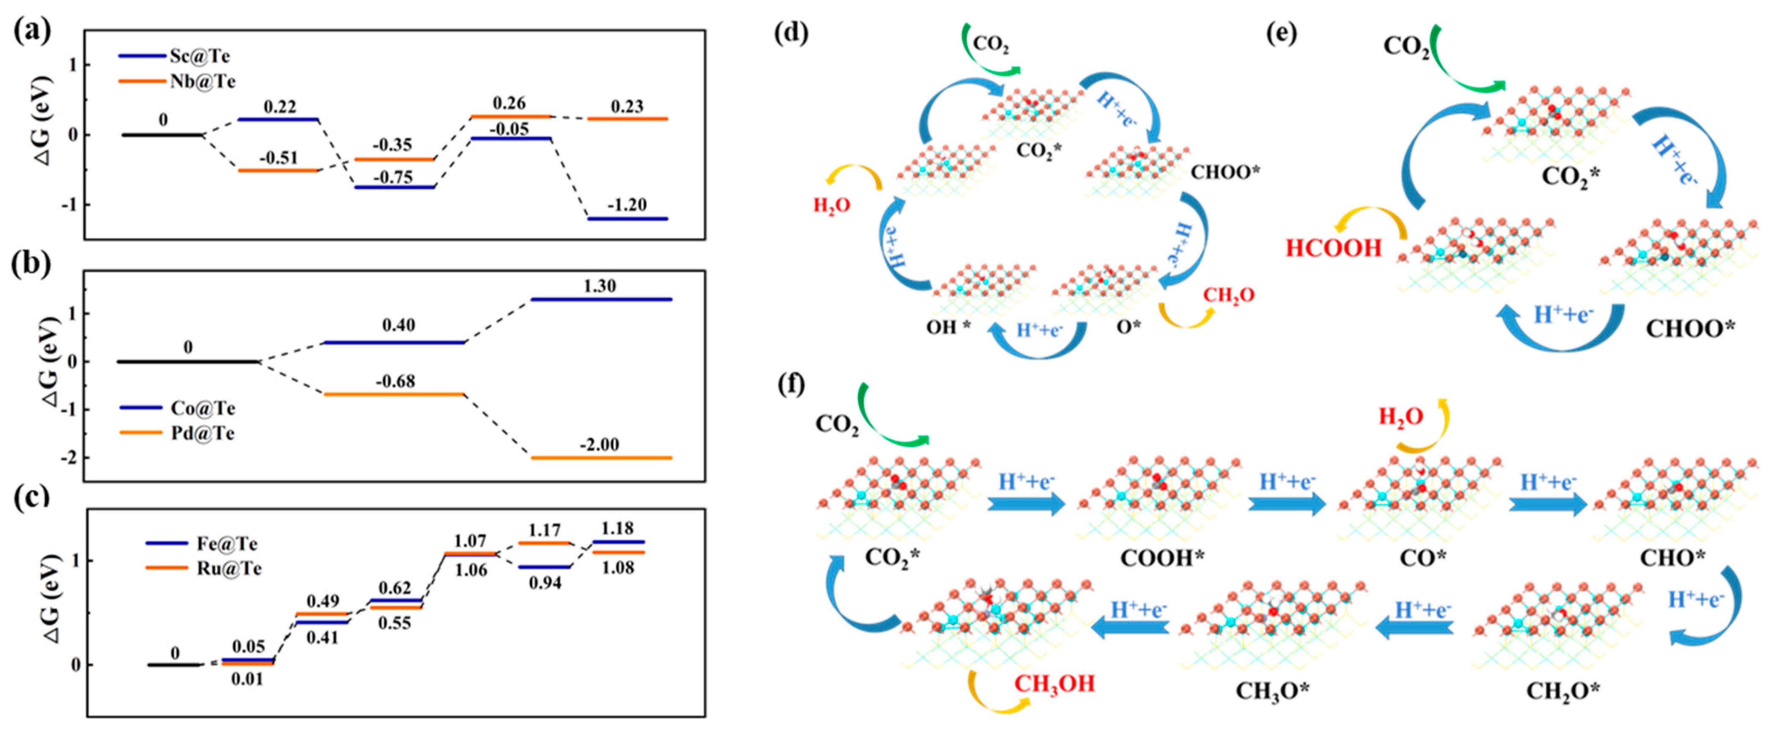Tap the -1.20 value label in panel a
[627, 205]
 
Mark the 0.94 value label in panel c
[545, 583]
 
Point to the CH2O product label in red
[1228, 295]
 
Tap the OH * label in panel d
[948, 327]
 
